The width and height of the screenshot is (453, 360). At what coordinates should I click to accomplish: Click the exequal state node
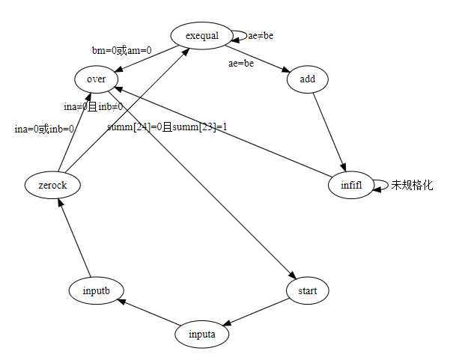click(x=200, y=35)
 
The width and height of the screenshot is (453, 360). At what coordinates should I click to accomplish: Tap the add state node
click(x=307, y=79)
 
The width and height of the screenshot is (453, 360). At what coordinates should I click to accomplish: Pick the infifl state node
click(x=350, y=185)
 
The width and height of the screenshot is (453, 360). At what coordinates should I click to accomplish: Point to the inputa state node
click(x=202, y=334)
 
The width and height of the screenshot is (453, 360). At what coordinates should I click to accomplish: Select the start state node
click(x=308, y=290)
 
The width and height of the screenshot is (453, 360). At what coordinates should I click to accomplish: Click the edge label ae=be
click(x=241, y=64)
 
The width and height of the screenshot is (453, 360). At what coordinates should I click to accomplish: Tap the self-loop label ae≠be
click(x=266, y=35)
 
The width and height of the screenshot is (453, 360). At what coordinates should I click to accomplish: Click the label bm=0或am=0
click(x=121, y=50)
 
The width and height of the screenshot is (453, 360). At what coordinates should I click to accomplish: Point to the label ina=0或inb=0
click(x=44, y=129)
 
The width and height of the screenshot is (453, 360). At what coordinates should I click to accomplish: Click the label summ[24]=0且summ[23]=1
click(x=167, y=126)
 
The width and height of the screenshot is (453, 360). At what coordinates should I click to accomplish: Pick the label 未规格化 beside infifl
click(x=412, y=185)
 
